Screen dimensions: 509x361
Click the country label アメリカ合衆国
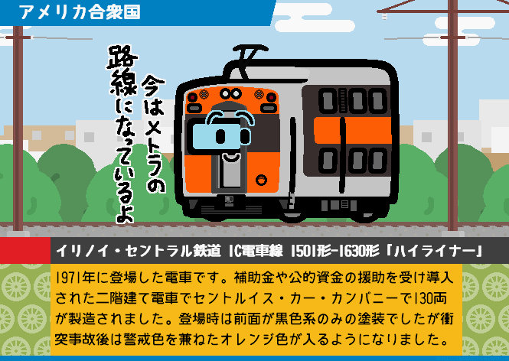[x=80, y=12]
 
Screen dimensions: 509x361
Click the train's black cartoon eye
[x=220, y=136]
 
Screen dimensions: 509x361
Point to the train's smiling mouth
[x=231, y=158]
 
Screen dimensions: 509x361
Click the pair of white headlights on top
[x=231, y=94]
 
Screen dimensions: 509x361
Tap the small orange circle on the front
[x=261, y=180]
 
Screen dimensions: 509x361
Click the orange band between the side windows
[x=353, y=130]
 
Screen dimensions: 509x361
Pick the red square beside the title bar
[x=25, y=250]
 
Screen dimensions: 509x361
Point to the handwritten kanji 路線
[x=122, y=70]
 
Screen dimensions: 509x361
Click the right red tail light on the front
[x=272, y=97]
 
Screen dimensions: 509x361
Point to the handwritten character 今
[x=153, y=86]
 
